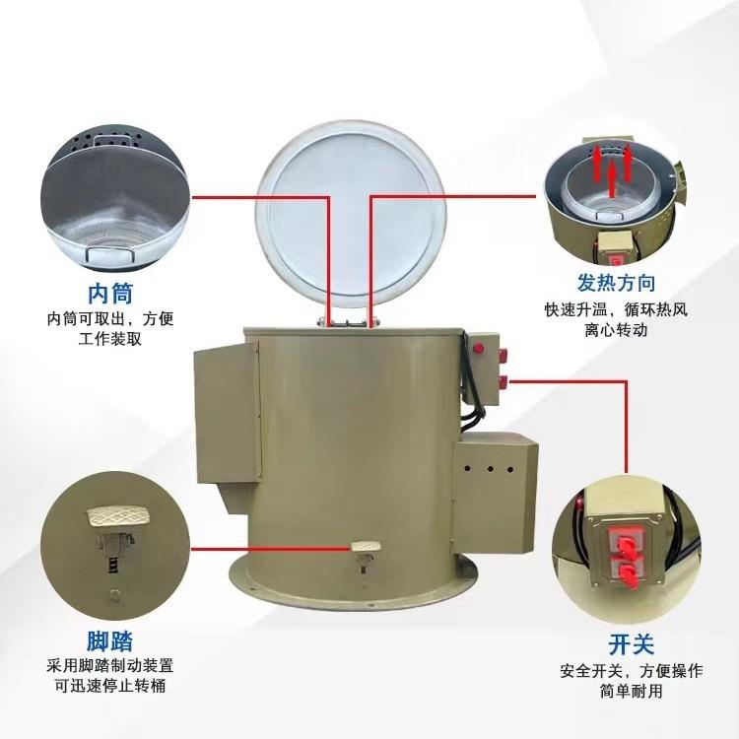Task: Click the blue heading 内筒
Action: [x=110, y=293]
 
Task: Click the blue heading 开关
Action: [x=632, y=645]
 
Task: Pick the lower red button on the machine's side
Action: [x=505, y=378]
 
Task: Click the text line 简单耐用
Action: [x=632, y=692]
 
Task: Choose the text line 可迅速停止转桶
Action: [x=109, y=684]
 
